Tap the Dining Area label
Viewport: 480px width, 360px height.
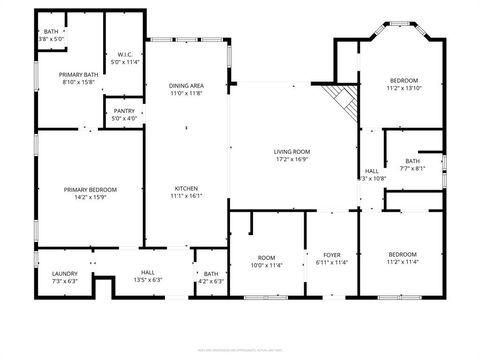click(186, 85)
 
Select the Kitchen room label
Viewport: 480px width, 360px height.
click(186, 188)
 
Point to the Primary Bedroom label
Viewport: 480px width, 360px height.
click(90, 189)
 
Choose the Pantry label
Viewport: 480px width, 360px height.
click(124, 111)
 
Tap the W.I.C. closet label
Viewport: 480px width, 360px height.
click(125, 54)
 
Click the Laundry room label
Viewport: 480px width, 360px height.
click(50, 273)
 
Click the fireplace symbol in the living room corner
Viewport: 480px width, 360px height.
click(345, 100)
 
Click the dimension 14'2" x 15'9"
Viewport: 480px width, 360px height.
click(90, 197)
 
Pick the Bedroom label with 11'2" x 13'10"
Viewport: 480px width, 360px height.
click(403, 80)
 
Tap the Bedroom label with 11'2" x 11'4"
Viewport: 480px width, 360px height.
click(402, 254)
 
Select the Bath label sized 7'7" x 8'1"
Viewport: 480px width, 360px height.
click(413, 161)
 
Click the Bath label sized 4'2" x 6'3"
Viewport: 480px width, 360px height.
click(211, 273)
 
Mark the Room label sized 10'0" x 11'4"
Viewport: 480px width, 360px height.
click(266, 257)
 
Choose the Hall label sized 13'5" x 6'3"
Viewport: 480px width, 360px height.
click(147, 273)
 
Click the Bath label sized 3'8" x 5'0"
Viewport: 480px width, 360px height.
click(51, 32)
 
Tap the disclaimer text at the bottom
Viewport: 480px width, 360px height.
click(240, 350)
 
